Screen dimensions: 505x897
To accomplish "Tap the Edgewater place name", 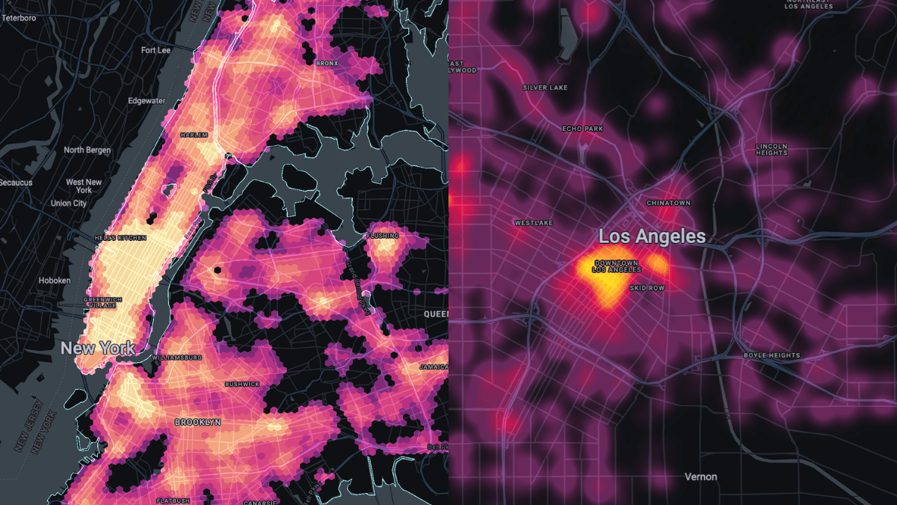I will click(147, 101).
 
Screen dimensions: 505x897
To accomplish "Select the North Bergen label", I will click(87, 150).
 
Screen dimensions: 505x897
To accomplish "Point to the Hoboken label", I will click(55, 281).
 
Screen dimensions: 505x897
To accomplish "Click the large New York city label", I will click(98, 348).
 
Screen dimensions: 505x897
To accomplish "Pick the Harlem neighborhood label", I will click(193, 135).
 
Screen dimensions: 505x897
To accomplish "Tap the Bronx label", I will click(327, 64).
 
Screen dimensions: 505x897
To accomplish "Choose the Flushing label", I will click(382, 236).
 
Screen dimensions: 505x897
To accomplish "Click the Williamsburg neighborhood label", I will click(177, 358).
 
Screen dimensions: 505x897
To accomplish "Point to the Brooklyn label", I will click(197, 422).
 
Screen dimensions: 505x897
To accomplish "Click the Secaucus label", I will click(16, 183).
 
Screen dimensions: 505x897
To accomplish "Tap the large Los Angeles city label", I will click(652, 236).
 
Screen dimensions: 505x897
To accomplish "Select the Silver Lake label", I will click(545, 88).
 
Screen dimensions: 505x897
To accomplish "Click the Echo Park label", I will click(582, 129).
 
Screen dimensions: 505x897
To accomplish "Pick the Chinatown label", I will click(668, 203).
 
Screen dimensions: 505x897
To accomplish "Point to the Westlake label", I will click(532, 223).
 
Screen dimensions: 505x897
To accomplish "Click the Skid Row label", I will click(647, 288).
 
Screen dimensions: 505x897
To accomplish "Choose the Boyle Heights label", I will click(772, 355).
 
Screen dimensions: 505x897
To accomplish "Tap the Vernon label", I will click(701, 477).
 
